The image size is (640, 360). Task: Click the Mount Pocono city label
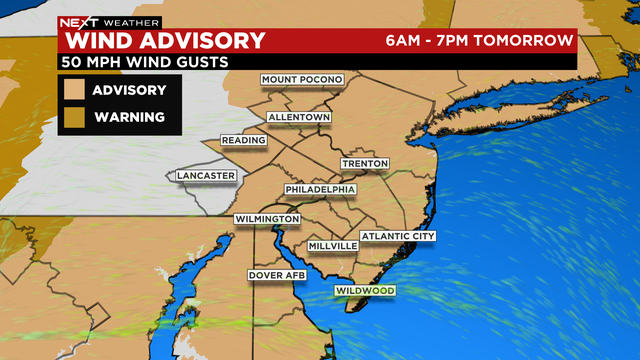tap(301, 79)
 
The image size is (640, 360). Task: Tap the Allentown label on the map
tap(298, 117)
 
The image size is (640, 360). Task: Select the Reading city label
tap(244, 140)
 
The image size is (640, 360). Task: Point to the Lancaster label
tap(205, 176)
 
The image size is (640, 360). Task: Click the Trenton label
tap(364, 163)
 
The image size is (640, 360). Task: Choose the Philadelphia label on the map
tap(320, 189)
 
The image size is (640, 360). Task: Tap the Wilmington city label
tap(267, 219)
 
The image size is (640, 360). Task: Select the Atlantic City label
tap(398, 236)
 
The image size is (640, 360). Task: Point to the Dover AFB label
tap(275, 274)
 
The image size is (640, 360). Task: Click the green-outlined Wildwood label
tap(365, 291)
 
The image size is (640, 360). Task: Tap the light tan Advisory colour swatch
tap(74, 90)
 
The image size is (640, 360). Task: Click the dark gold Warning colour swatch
tap(74, 117)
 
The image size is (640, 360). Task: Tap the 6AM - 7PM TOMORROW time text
tap(480, 41)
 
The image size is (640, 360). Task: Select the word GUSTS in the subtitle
tap(199, 62)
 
